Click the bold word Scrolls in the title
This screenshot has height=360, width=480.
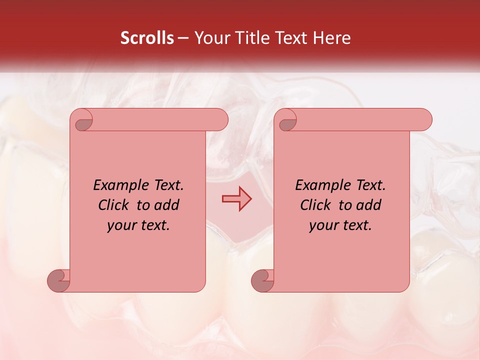(147, 37)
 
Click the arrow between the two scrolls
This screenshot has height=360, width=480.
(236, 199)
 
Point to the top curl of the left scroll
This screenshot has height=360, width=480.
(83, 120)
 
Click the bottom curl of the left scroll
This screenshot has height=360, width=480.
(59, 281)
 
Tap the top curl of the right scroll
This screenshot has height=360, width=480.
(287, 120)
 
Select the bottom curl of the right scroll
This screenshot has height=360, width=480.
(263, 281)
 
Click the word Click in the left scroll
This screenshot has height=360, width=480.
(112, 205)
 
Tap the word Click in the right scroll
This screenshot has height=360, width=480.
(314, 205)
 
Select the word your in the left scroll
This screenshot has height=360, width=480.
(121, 225)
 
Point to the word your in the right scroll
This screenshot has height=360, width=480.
(323, 225)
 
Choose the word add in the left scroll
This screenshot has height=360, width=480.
(167, 205)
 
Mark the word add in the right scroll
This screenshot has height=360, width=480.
(369, 205)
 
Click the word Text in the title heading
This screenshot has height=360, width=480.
(293, 37)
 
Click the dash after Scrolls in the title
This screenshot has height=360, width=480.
(183, 38)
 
